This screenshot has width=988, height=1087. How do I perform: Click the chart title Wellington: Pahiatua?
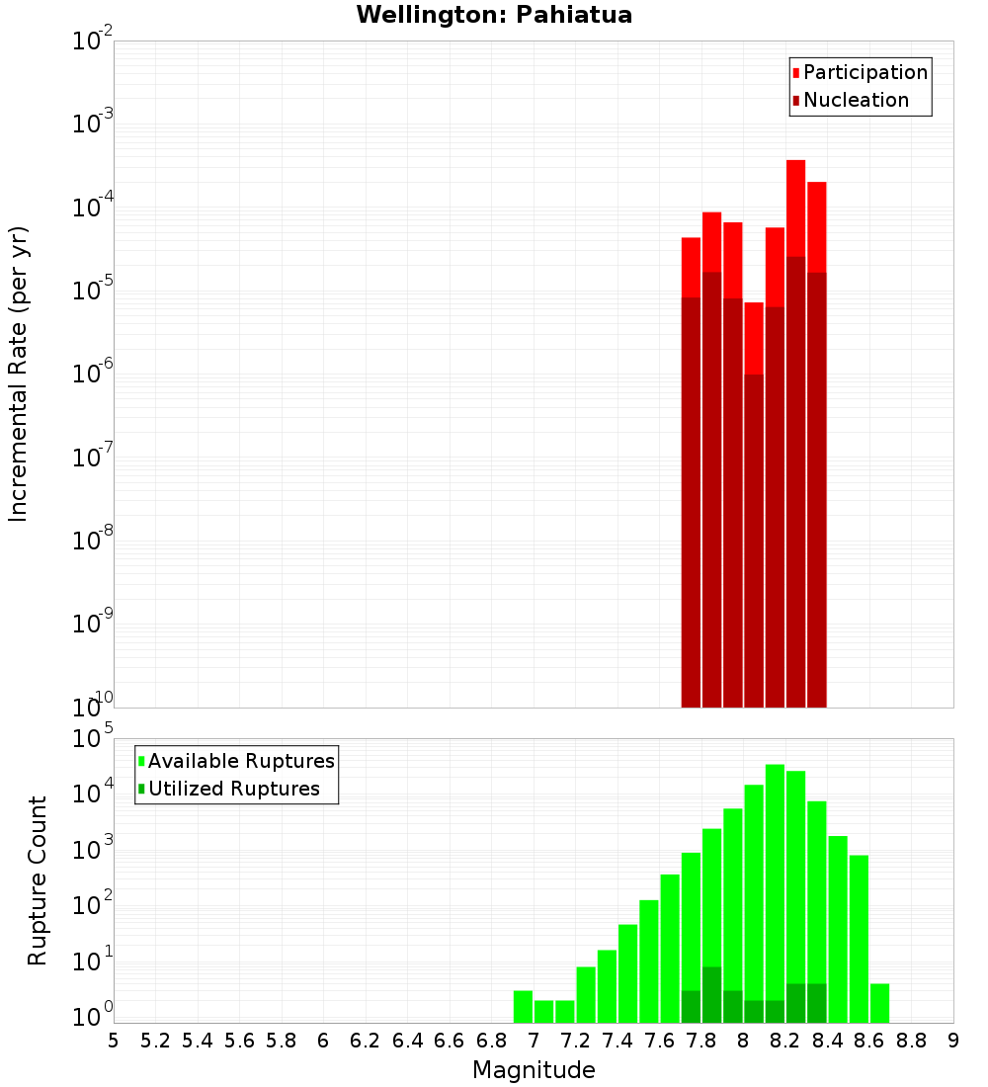tap(494, 15)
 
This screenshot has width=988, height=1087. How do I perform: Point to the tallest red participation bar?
tap(795, 208)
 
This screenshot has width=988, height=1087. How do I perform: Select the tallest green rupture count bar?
tap(775, 889)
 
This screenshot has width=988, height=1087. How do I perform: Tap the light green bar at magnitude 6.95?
tap(524, 1006)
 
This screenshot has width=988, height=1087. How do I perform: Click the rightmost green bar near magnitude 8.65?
tap(879, 1002)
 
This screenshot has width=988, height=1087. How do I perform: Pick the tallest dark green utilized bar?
tap(711, 993)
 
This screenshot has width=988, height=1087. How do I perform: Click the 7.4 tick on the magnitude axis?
tap(617, 1041)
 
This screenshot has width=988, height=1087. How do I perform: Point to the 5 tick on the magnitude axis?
tap(114, 1041)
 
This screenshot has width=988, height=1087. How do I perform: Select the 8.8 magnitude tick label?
tap(912, 1041)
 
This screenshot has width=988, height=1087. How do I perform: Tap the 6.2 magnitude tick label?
tap(366, 1041)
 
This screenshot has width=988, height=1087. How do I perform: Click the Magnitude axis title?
tap(534, 1070)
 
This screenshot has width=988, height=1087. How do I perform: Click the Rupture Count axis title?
tap(38, 880)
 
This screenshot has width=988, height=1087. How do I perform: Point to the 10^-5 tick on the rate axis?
tap(92, 292)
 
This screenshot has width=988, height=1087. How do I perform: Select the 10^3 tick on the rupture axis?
tap(92, 852)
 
